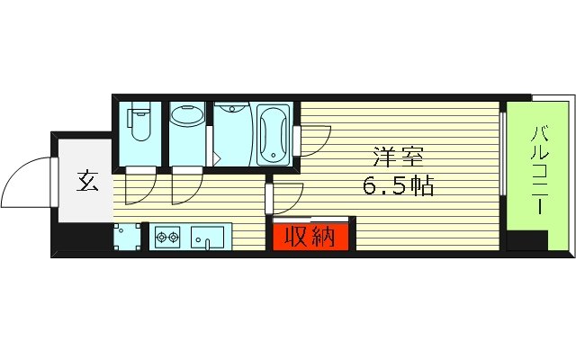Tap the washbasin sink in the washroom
click(187, 118)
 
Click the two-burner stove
click(167, 238)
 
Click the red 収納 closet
click(304, 237)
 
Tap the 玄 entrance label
click(86, 182)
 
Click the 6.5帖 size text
click(400, 186)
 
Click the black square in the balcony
click(526, 240)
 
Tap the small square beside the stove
click(127, 238)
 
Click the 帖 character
click(424, 186)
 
